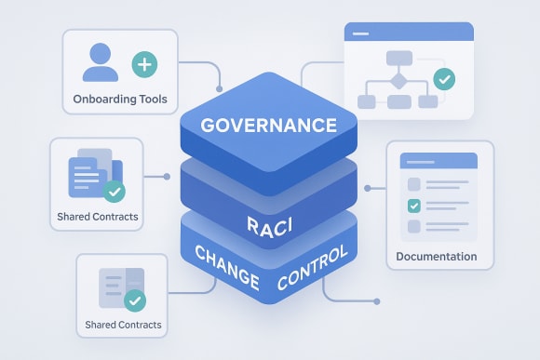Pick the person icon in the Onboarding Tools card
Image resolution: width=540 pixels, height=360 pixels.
100,62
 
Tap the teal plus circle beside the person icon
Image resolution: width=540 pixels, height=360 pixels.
143,64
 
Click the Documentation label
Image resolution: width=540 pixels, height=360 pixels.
436,256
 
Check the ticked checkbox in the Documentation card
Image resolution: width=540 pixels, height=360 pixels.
414,206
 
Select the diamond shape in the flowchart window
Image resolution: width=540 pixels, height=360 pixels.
398,80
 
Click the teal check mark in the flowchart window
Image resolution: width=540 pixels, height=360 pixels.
444,79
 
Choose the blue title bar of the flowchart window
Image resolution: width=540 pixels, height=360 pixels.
408,33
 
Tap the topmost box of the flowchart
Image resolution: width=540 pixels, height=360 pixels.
398,58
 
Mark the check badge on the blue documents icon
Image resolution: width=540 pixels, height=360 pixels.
115,191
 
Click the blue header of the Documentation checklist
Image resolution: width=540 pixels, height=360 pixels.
439,161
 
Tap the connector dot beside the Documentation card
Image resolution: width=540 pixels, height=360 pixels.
367,189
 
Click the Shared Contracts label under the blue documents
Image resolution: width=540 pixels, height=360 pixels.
97,216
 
